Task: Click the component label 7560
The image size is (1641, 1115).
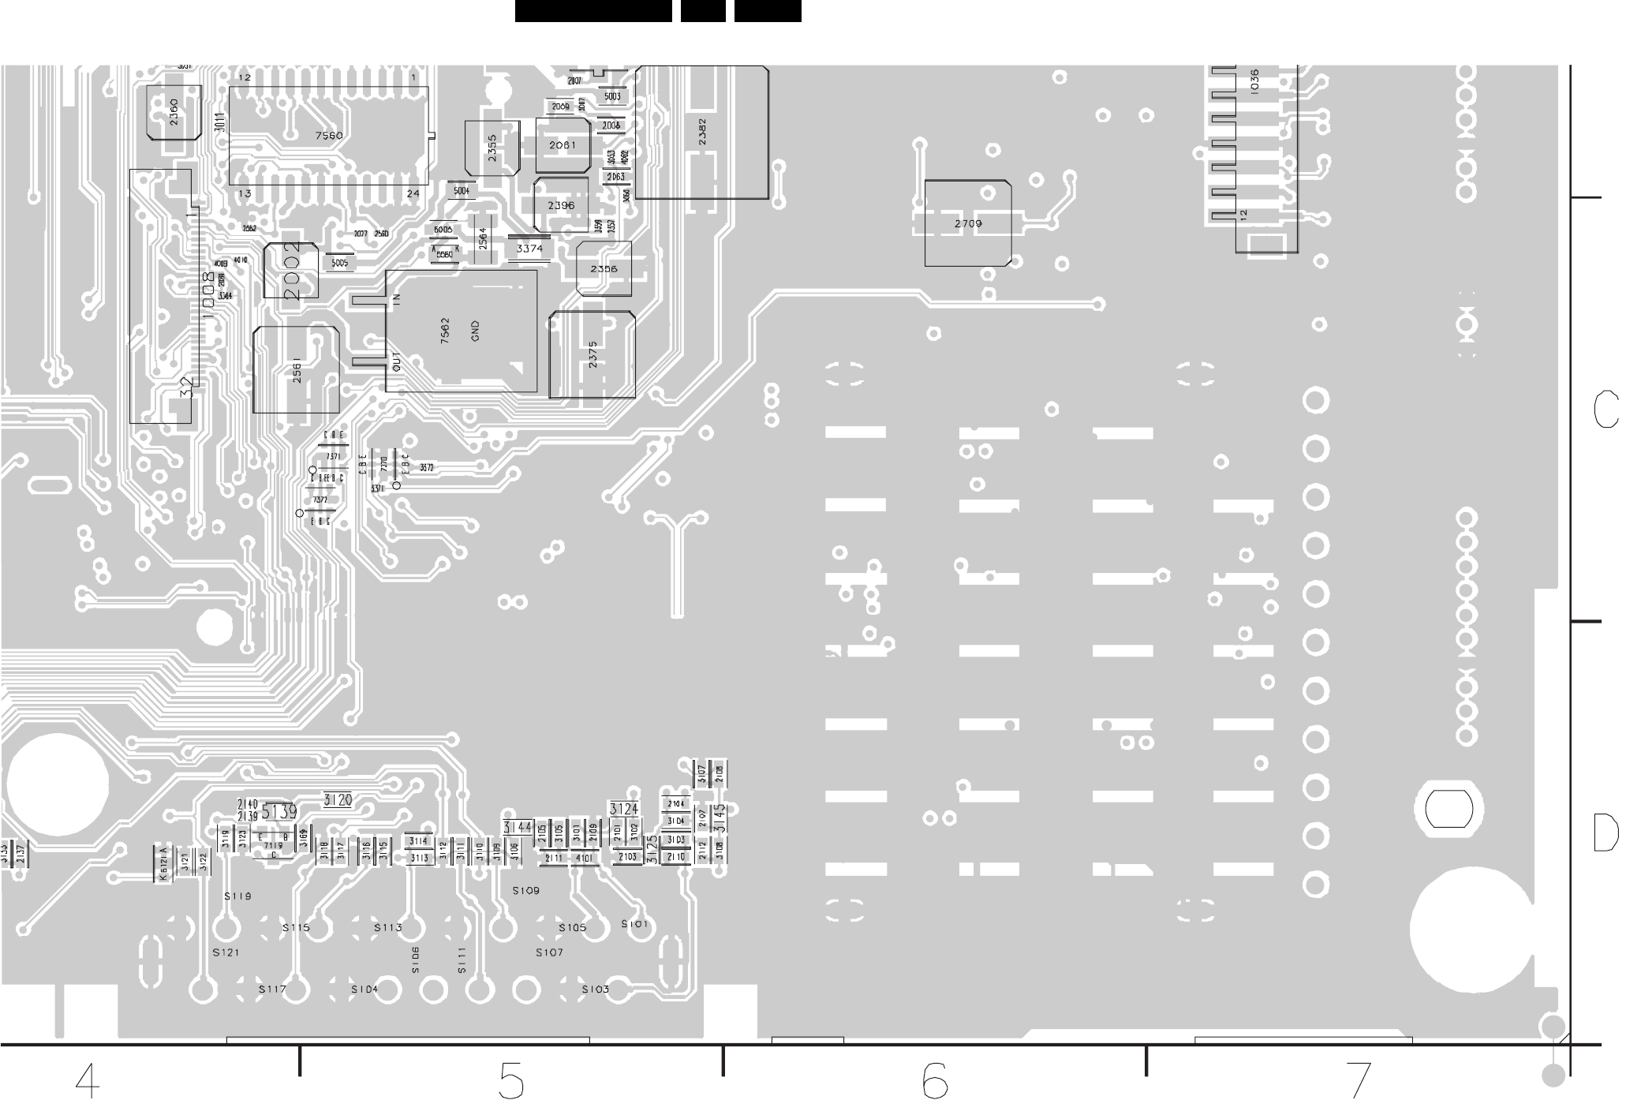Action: coord(329,136)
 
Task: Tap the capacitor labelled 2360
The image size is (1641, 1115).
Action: coord(174,112)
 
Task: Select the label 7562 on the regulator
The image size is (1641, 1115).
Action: coord(445,331)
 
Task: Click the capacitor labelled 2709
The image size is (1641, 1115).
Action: coord(968,224)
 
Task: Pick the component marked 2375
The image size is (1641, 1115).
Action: coord(592,354)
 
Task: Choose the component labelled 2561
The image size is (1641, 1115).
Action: coord(297,371)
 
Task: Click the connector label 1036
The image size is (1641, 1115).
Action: coord(1254,82)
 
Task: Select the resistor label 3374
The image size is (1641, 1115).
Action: coord(529,249)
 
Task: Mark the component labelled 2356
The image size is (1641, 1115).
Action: coord(604,269)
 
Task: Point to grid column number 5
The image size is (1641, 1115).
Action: coord(511,1081)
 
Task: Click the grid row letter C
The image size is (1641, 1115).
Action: coord(1606,410)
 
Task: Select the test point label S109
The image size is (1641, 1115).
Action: coord(526,891)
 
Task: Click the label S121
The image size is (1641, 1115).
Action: coord(226,952)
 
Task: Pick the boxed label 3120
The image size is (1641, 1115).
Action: coord(338,800)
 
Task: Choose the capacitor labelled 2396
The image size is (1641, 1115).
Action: coord(561,206)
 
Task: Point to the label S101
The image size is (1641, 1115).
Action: coord(634,924)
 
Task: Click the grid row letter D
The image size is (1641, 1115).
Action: coord(1606,833)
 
